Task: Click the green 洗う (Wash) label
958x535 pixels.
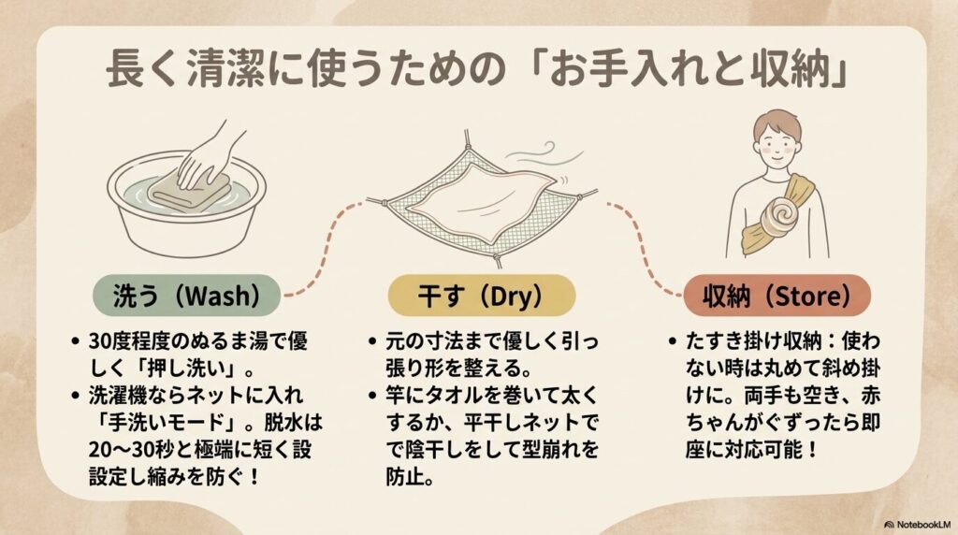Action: click(186, 296)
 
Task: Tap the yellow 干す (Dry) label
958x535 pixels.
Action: click(481, 296)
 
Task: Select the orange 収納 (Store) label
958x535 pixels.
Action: click(777, 296)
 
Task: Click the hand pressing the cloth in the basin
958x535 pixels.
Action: click(205, 157)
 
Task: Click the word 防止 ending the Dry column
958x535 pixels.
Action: click(403, 476)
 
